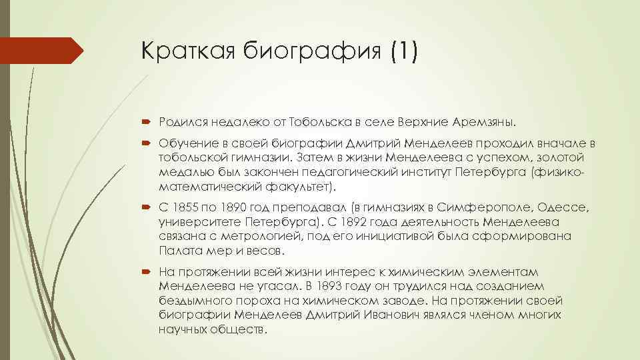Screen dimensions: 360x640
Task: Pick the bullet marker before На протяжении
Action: (x=148, y=272)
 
